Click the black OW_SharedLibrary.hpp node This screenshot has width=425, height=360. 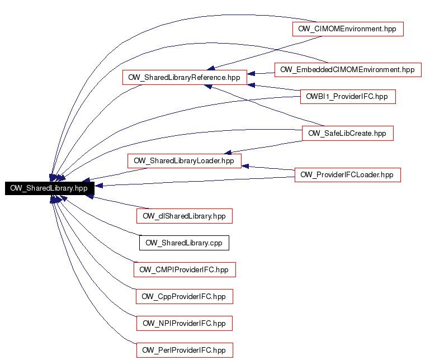click(x=50, y=188)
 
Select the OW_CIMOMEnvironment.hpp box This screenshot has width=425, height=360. click(x=348, y=29)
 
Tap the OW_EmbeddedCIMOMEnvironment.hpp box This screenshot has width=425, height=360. click(x=348, y=70)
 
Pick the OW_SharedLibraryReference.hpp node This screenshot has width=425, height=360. click(x=185, y=78)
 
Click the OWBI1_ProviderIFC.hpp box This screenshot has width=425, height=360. click(x=348, y=97)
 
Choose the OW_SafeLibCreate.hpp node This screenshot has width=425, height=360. click(x=348, y=133)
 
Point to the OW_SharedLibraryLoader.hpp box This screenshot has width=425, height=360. click(x=185, y=161)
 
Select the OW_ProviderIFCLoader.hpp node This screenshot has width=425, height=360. click(x=348, y=175)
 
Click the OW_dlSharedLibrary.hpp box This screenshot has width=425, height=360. click(x=185, y=216)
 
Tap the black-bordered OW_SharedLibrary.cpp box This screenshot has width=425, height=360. click(x=184, y=243)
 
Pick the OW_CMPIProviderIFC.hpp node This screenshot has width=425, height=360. click(x=185, y=270)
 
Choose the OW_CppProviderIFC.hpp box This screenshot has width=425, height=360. click(x=185, y=297)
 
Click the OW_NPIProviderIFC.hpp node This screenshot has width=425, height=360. click(x=185, y=324)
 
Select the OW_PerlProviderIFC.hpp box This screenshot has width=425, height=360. click(x=185, y=350)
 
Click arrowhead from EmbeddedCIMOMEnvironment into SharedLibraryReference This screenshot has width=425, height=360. click(x=251, y=73)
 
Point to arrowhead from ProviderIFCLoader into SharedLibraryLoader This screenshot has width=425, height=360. click(x=245, y=166)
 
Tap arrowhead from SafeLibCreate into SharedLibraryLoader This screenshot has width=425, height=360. click(x=228, y=153)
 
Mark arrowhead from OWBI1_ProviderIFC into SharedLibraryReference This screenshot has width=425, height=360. click(x=251, y=85)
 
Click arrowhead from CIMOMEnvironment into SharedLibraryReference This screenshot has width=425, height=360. click(x=211, y=68)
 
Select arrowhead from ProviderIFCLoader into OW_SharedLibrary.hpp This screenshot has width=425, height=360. click(x=98, y=186)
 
